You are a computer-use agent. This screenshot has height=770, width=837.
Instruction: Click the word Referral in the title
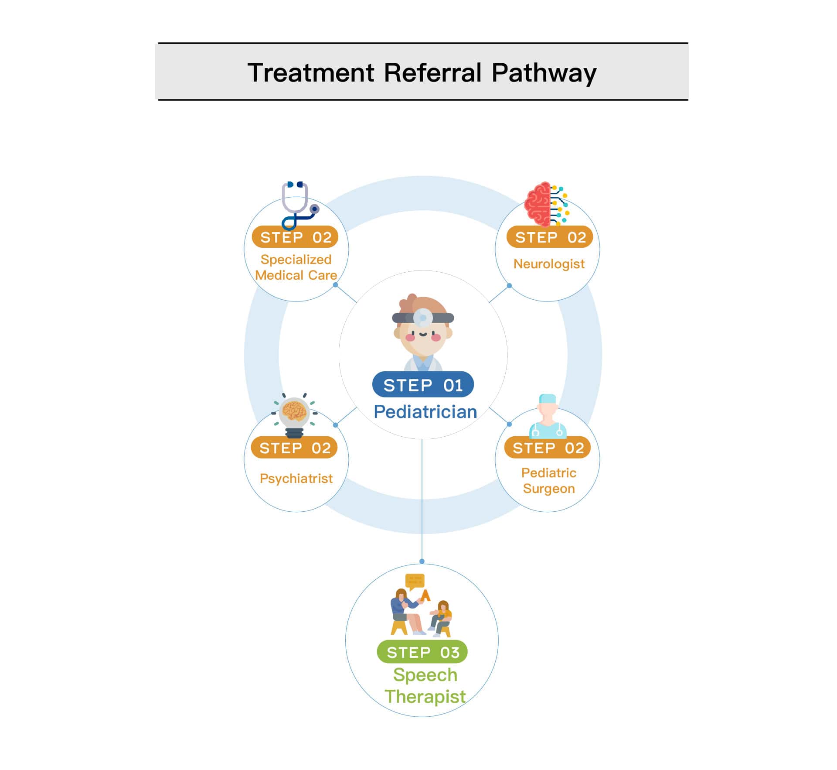(x=432, y=72)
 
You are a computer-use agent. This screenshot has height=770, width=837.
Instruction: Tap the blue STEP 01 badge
(x=422, y=385)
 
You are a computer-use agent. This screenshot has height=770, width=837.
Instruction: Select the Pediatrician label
(x=425, y=412)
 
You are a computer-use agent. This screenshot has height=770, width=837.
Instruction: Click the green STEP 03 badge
(x=422, y=652)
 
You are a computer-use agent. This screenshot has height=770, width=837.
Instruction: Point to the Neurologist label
(x=549, y=264)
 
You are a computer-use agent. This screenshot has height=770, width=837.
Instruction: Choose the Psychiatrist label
(x=296, y=479)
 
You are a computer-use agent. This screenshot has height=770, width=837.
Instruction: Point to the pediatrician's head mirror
(x=422, y=318)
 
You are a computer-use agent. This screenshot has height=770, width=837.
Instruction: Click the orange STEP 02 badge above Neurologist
(x=550, y=237)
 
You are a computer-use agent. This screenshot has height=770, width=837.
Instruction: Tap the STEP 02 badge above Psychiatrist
(x=294, y=448)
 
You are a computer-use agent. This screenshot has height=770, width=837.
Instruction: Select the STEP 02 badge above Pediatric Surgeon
(x=548, y=448)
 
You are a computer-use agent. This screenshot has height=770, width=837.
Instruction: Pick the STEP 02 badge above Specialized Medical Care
(x=295, y=237)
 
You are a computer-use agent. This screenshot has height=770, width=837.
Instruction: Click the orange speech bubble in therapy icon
(x=415, y=581)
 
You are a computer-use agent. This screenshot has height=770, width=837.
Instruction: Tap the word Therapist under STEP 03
(x=425, y=697)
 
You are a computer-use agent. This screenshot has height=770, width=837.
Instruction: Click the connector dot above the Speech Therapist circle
(x=422, y=561)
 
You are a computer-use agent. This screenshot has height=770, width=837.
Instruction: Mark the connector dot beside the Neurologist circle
(x=509, y=286)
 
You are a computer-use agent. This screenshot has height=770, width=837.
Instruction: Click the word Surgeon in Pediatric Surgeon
(x=549, y=489)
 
